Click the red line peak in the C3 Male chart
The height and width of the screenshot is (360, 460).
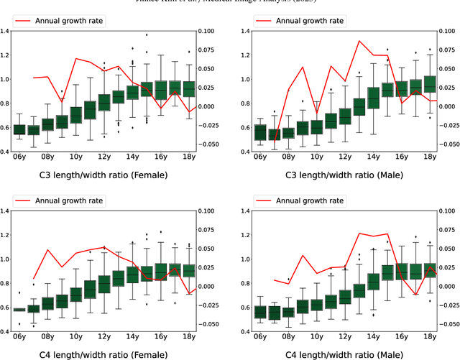[359, 41]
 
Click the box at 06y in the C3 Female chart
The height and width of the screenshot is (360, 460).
[19, 129]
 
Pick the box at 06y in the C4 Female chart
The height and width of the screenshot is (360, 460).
[19, 309]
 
